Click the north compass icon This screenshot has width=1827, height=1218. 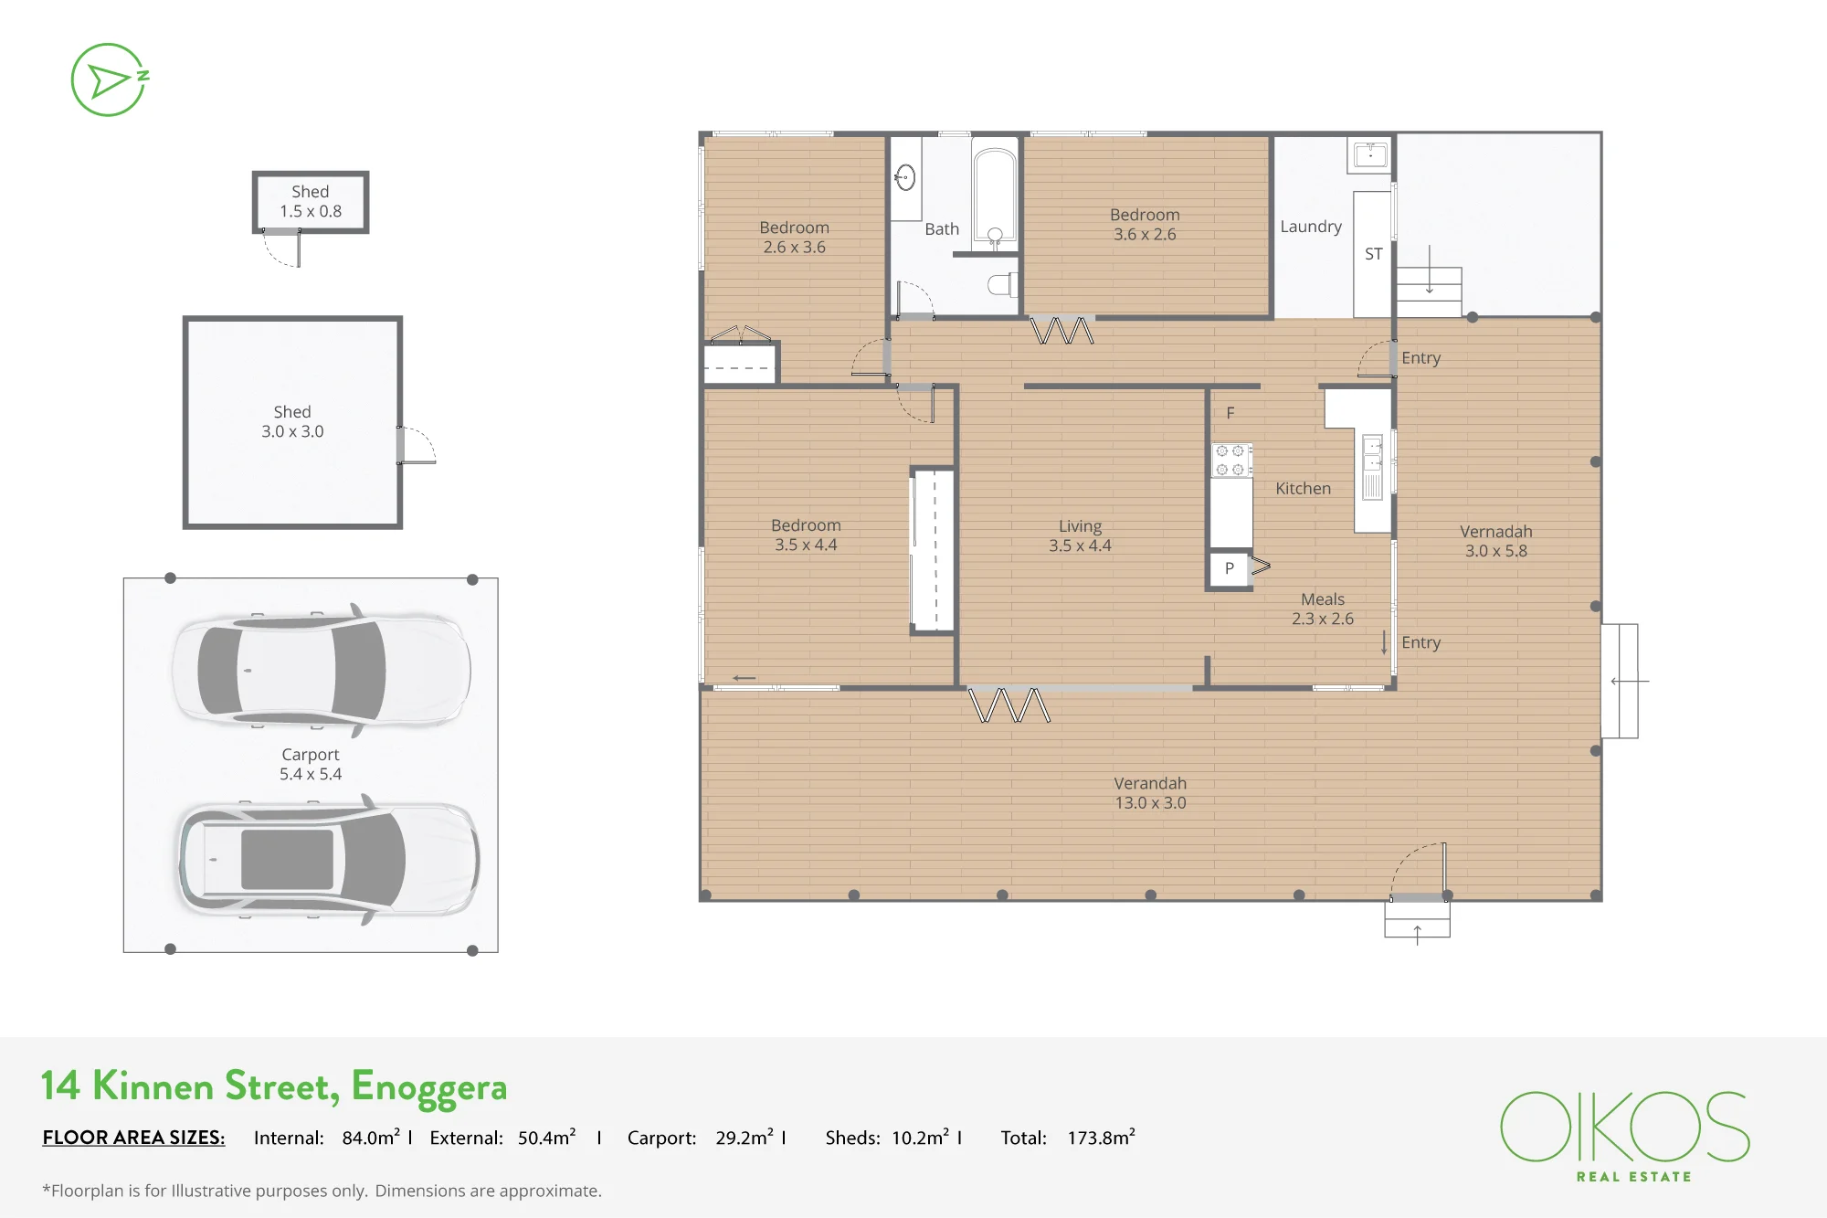coord(110,79)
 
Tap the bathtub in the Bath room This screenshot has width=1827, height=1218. coord(994,195)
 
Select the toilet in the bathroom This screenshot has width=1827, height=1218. coord(1003,284)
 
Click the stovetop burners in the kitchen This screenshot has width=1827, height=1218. coord(1230,460)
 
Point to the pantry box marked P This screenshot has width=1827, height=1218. coord(1230,568)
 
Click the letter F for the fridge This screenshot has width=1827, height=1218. coord(1230,413)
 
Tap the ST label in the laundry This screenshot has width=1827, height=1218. coord(1373,254)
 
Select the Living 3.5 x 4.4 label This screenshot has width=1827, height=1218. coord(1080,535)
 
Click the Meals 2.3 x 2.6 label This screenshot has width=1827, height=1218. coord(1323,609)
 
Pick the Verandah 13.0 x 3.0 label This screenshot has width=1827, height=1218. coord(1150,793)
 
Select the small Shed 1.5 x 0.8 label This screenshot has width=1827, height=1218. coord(311,201)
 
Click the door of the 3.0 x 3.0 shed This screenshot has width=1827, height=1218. coord(417,445)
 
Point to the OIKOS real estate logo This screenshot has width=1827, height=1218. coord(1625,1136)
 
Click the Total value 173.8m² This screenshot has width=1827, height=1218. coord(1101,1138)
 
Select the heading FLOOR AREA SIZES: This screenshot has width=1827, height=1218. coord(133,1138)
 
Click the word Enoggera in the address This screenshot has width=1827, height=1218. coord(428,1087)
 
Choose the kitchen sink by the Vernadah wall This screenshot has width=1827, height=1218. coord(1372,467)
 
